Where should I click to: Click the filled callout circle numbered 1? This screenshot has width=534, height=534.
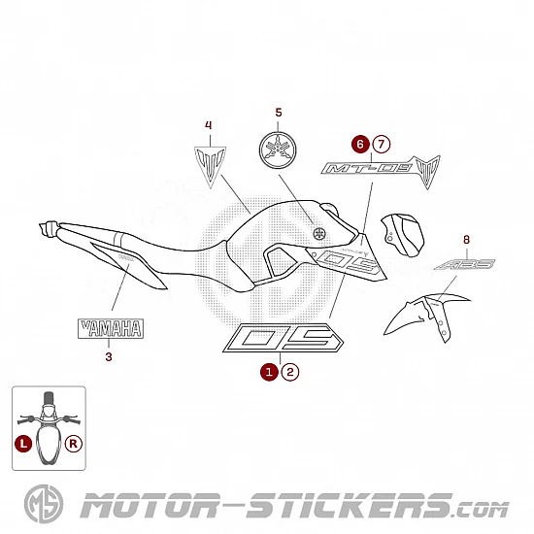(269, 372)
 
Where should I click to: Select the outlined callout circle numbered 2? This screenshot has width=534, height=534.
(290, 372)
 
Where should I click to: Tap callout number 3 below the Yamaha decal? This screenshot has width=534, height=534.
(109, 357)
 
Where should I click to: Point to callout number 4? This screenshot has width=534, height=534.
(209, 125)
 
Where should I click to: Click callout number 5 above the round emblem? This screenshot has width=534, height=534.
(279, 113)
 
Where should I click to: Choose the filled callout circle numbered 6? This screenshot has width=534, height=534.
(360, 144)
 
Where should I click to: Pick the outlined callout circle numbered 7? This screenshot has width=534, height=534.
(382, 144)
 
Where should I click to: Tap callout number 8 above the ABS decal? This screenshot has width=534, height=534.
(467, 240)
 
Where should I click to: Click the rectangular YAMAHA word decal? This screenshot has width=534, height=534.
(111, 328)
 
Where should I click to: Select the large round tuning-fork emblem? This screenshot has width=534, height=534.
(278, 150)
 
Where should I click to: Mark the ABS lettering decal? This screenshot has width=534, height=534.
(464, 264)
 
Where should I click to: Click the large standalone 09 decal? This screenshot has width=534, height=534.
(283, 338)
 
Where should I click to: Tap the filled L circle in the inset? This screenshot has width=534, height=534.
(23, 444)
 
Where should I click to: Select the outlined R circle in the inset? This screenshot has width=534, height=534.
(74, 444)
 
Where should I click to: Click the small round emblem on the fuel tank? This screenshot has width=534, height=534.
(319, 233)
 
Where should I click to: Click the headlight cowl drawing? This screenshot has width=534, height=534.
(403, 235)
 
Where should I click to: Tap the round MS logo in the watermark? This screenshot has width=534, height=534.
(44, 504)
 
